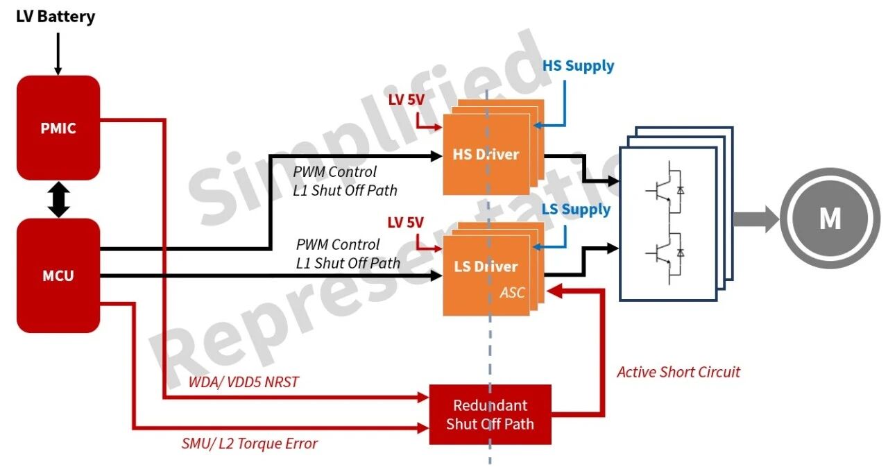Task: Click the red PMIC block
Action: (x=58, y=128)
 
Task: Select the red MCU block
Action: (x=58, y=275)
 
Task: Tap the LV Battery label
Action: (x=55, y=17)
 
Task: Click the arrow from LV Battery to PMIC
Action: (x=58, y=54)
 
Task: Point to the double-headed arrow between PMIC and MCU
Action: (x=59, y=200)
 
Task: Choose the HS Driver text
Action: (x=486, y=154)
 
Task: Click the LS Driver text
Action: (x=486, y=266)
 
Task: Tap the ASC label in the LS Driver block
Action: (x=512, y=292)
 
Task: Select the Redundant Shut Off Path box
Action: (x=490, y=414)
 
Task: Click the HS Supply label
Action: (x=578, y=66)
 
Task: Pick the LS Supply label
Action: (x=576, y=210)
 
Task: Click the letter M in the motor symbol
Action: (x=830, y=219)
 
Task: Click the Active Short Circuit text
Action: (x=678, y=372)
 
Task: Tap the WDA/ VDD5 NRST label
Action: (x=244, y=382)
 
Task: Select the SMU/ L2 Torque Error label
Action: (x=249, y=443)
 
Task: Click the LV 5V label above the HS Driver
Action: (x=407, y=99)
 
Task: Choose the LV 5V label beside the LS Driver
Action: (x=406, y=223)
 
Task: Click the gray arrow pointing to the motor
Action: (x=756, y=219)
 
